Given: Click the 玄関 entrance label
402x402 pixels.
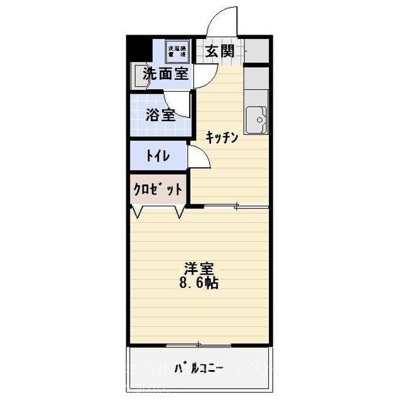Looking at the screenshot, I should click(x=219, y=51).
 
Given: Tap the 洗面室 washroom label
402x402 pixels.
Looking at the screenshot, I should click(x=166, y=73).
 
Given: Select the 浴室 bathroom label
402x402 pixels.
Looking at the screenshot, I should click(x=160, y=115).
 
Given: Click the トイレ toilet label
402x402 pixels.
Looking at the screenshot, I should click(x=157, y=156).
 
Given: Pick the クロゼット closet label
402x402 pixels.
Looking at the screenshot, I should click(x=158, y=189).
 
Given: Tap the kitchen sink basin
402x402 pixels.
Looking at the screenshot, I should click(x=258, y=119).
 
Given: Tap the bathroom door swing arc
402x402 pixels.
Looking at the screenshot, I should click(x=178, y=100).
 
